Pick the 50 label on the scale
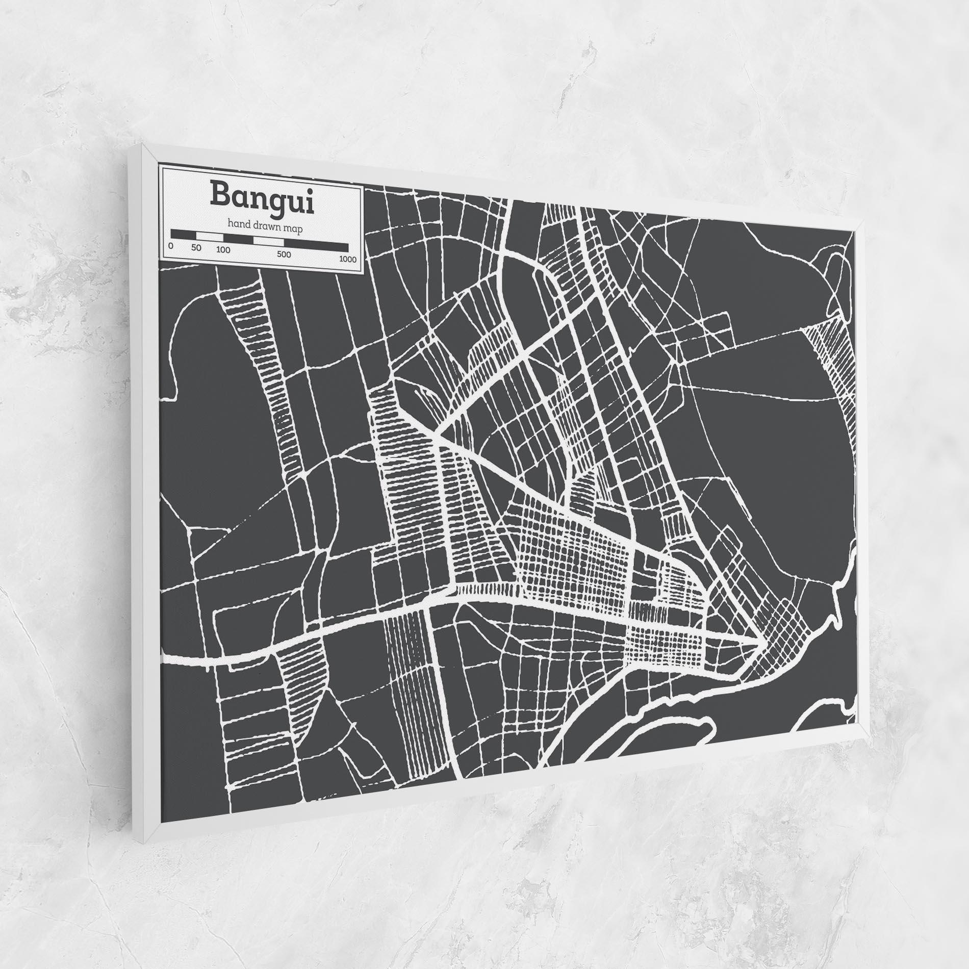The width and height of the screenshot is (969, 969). [x=197, y=248]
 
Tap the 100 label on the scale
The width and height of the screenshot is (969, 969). [x=223, y=250]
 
